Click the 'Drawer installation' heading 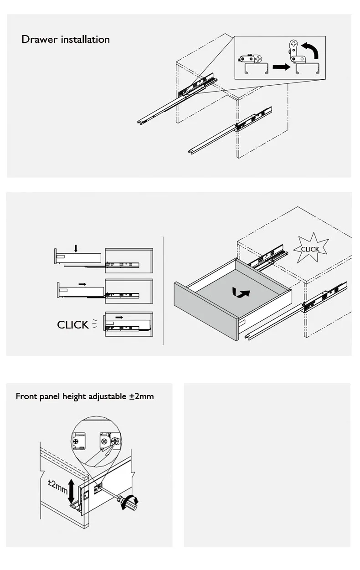(x=66, y=40)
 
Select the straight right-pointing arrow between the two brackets (x=281, y=67)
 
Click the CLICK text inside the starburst (x=310, y=249)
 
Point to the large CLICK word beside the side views (x=73, y=325)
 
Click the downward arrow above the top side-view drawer (x=76, y=248)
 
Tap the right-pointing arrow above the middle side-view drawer (x=82, y=284)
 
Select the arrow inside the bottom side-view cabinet (x=119, y=317)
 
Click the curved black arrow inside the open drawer (x=241, y=293)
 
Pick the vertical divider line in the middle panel (x=163, y=291)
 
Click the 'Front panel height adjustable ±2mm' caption (x=85, y=396)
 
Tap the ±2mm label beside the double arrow (x=58, y=486)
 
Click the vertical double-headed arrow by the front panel (x=71, y=491)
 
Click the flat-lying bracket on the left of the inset (x=251, y=59)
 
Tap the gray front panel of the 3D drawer (x=206, y=310)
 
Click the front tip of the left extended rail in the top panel (x=139, y=122)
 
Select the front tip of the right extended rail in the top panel (x=190, y=151)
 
